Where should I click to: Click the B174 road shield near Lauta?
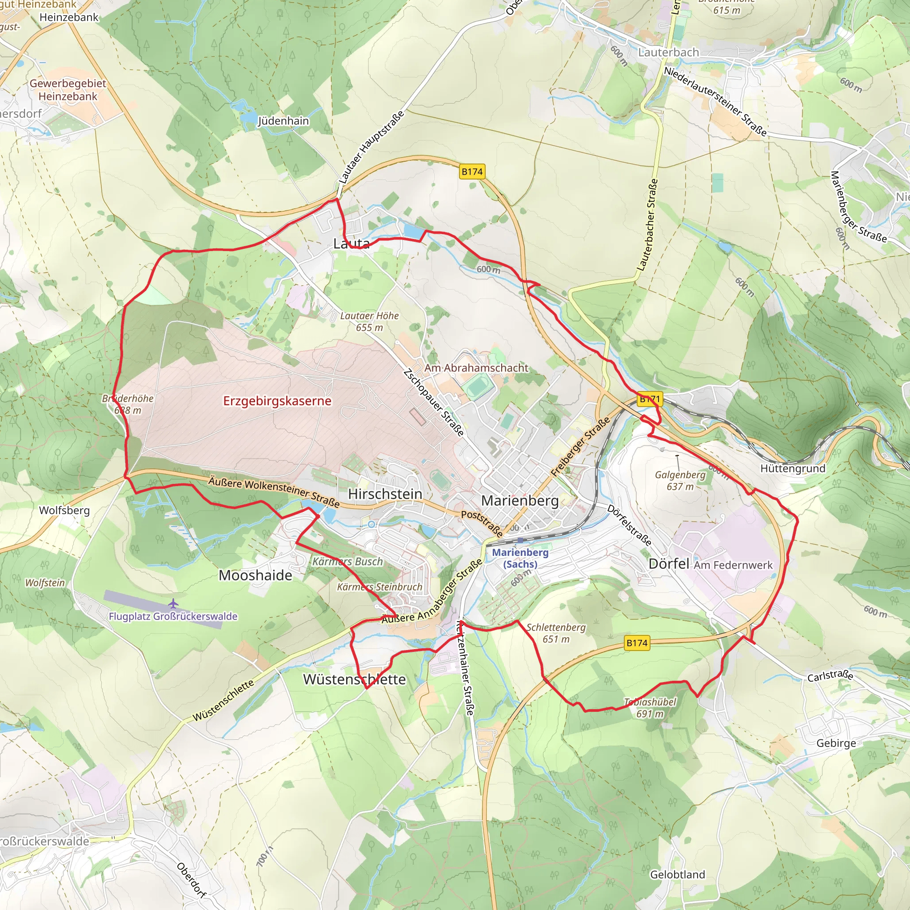coord(472,172)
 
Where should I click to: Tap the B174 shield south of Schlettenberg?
coord(637,643)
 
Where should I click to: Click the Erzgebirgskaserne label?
coord(277,401)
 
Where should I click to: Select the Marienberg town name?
coord(519,500)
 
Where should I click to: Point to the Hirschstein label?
coord(385,494)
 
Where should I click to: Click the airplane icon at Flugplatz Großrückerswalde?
coord(173,603)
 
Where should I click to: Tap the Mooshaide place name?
coord(255,575)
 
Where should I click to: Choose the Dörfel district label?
coord(668,564)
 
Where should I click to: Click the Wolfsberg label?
coord(64,510)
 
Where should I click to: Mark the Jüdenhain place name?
coord(283,120)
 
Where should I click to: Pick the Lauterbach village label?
coord(668,52)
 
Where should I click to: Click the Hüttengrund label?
coord(793,468)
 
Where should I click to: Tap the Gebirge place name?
coord(836,743)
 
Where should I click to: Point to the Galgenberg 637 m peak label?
coord(680,480)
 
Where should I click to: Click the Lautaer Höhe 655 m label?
coord(369,321)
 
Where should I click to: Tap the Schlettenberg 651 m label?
coord(556,633)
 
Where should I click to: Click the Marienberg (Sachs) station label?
coord(520,558)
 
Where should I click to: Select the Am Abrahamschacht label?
coord(476,368)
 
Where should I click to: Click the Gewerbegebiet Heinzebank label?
coord(68,89)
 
